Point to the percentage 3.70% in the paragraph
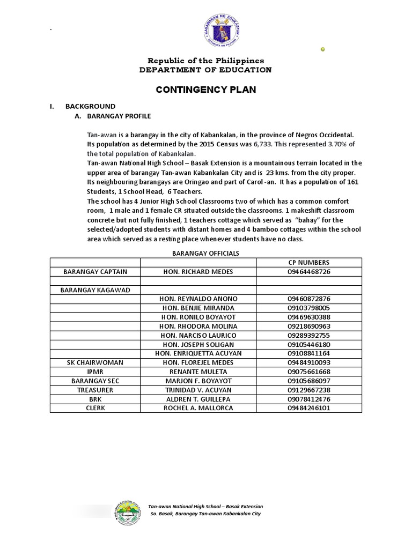(337, 144)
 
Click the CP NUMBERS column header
(308, 262)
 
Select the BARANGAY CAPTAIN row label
(95, 272)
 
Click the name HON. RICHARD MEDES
(198, 272)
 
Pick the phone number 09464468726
(308, 272)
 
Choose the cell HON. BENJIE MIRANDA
(198, 308)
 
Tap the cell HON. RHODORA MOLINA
(198, 326)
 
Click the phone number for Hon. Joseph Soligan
(308, 344)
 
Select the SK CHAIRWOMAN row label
(95, 362)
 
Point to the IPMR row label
(95, 372)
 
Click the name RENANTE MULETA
(198, 372)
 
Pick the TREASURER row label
(95, 390)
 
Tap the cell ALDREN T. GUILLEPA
(198, 399)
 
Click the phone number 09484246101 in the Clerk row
(308, 408)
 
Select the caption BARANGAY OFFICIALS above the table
(205, 253)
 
